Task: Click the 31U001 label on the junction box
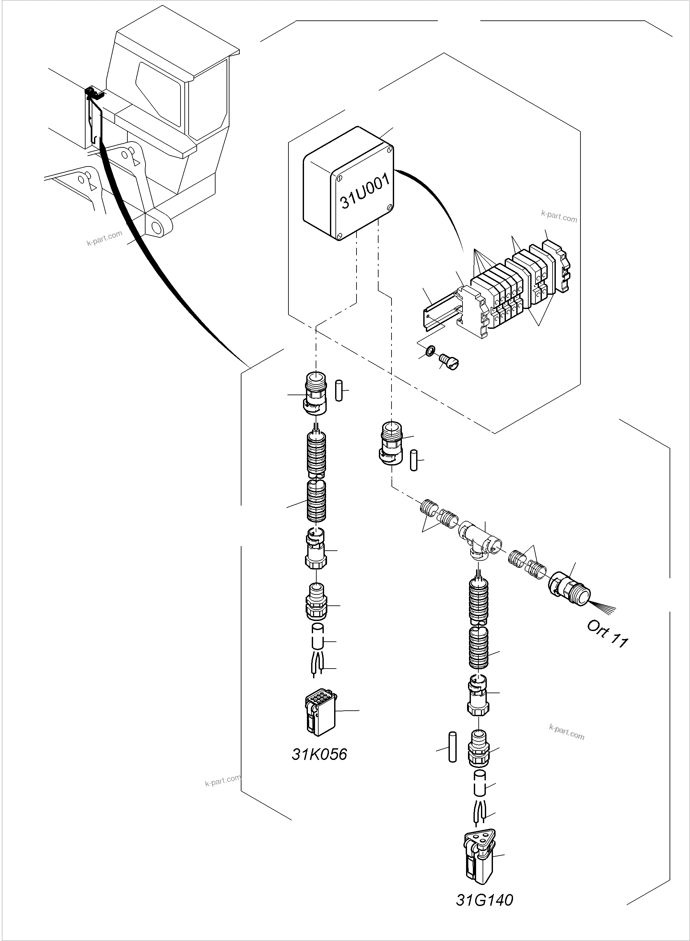(x=364, y=192)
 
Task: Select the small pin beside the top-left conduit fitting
(x=339, y=391)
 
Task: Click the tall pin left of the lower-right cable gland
(x=452, y=747)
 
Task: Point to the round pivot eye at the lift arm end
(x=158, y=227)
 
